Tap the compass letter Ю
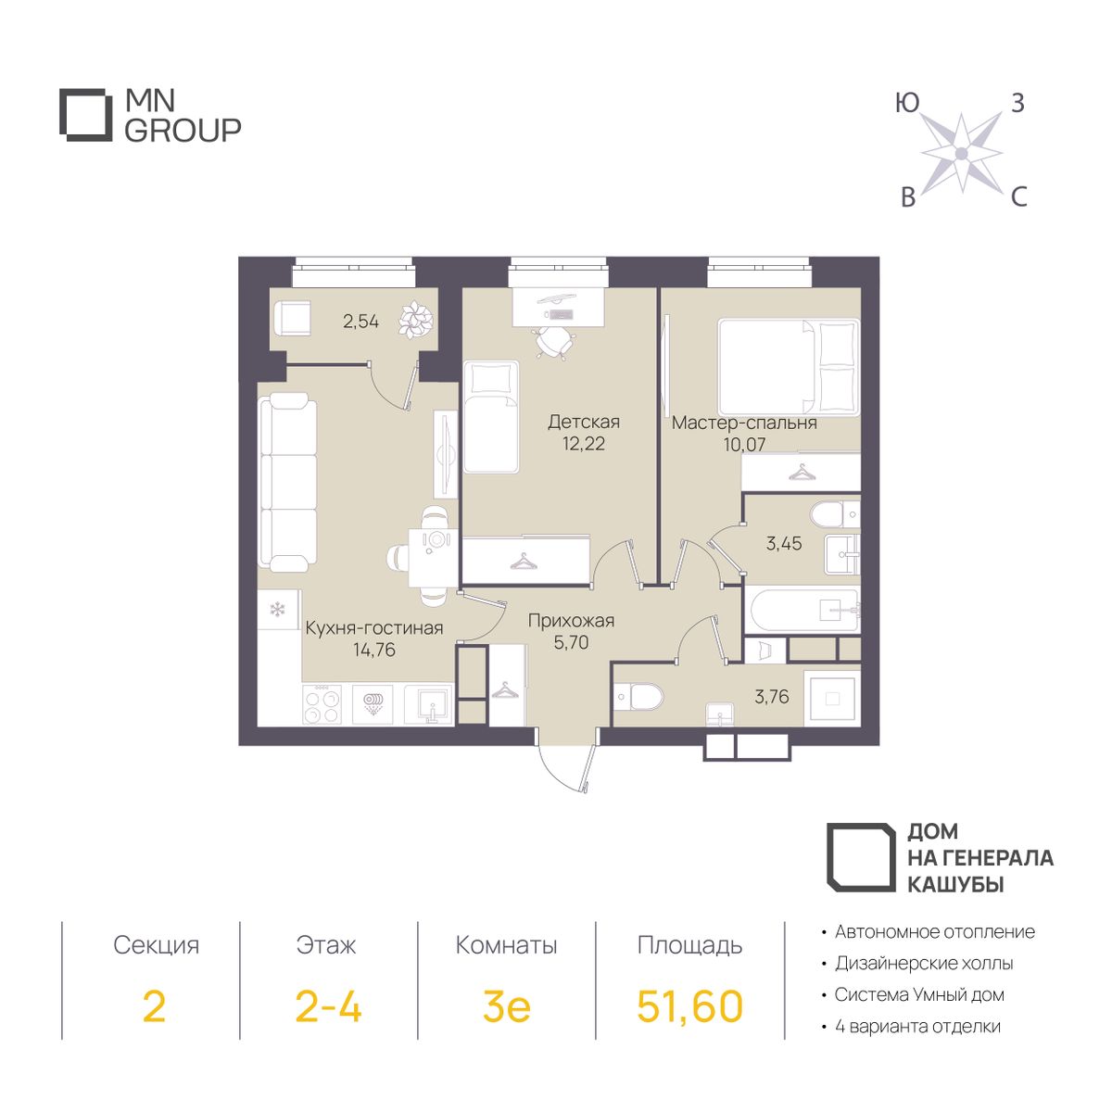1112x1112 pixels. point(906,103)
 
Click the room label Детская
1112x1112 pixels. point(584,422)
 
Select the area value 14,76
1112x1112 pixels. point(374,650)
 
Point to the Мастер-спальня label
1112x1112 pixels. point(744,423)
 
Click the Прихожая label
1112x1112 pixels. point(571,621)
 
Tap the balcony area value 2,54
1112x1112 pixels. point(360,321)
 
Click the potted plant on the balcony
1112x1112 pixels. point(415,320)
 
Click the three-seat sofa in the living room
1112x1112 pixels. point(288,481)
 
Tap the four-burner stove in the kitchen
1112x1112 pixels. point(322,706)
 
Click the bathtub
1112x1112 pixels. point(802,611)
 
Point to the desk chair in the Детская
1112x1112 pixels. point(555,343)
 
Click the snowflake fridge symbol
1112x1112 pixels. point(278,609)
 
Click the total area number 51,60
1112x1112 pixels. point(689,1005)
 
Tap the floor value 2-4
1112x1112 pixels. point(328,1005)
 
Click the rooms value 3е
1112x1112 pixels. point(506,1006)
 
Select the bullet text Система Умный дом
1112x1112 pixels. point(919,994)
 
